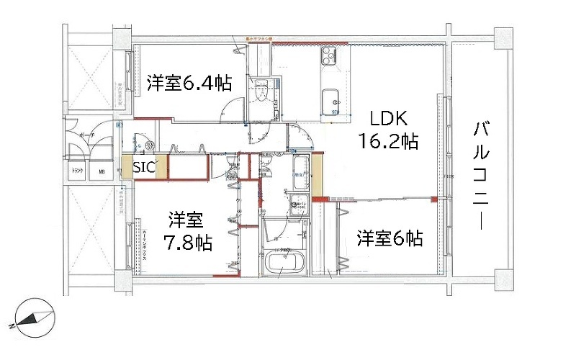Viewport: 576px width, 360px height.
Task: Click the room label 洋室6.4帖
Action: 189,83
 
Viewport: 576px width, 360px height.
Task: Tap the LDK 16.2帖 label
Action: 389,130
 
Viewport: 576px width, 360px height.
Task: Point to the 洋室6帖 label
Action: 390,238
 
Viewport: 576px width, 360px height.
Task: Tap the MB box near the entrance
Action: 102,172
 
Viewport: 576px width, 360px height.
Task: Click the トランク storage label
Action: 76,172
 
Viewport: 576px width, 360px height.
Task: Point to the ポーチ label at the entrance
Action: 87,135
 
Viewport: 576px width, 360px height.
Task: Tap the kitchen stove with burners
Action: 333,56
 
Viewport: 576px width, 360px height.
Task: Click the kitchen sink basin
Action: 332,99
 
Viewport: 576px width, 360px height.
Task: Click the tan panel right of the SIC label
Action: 161,166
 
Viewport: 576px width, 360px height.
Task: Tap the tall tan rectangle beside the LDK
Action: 317,174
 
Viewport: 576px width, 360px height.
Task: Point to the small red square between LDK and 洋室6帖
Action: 433,199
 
